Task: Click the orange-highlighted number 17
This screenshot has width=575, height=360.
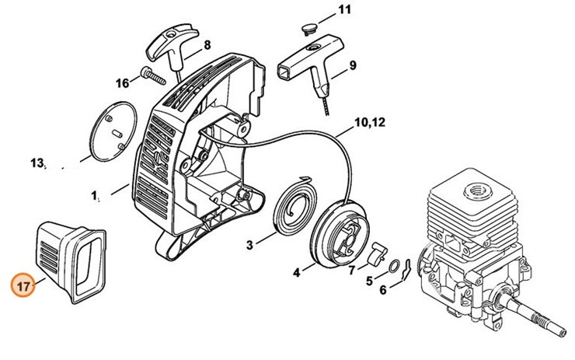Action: (23, 285)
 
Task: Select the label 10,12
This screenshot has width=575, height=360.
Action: (370, 122)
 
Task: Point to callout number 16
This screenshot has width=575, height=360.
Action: (122, 83)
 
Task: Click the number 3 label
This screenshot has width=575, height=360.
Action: (249, 245)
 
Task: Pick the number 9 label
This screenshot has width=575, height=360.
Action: (352, 65)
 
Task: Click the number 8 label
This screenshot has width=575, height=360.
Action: (207, 45)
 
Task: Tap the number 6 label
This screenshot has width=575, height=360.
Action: (382, 291)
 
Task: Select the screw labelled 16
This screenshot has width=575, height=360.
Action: (154, 77)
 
